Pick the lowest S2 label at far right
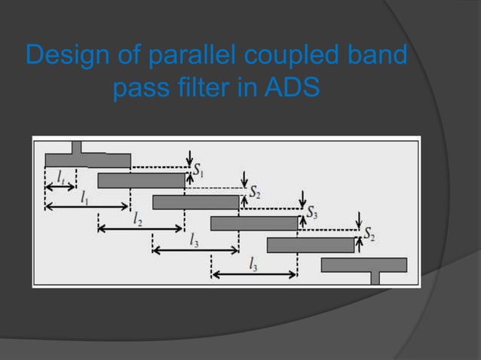click(x=369, y=234)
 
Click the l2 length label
click(x=137, y=218)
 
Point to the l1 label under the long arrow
click(x=85, y=196)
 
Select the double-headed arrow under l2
click(x=141, y=228)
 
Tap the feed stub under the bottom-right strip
click(x=375, y=278)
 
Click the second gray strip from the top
click(x=141, y=181)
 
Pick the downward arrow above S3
click(x=302, y=199)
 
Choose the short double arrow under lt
click(x=60, y=186)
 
